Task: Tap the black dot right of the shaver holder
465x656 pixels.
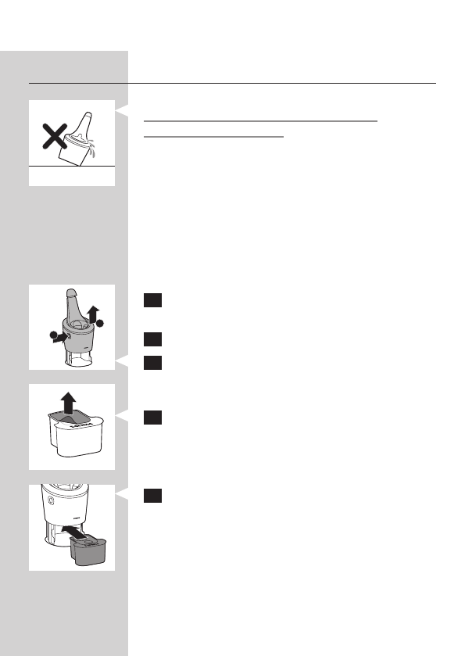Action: pyautogui.click(x=99, y=324)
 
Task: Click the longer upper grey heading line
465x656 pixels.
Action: pyautogui.click(x=261, y=121)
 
